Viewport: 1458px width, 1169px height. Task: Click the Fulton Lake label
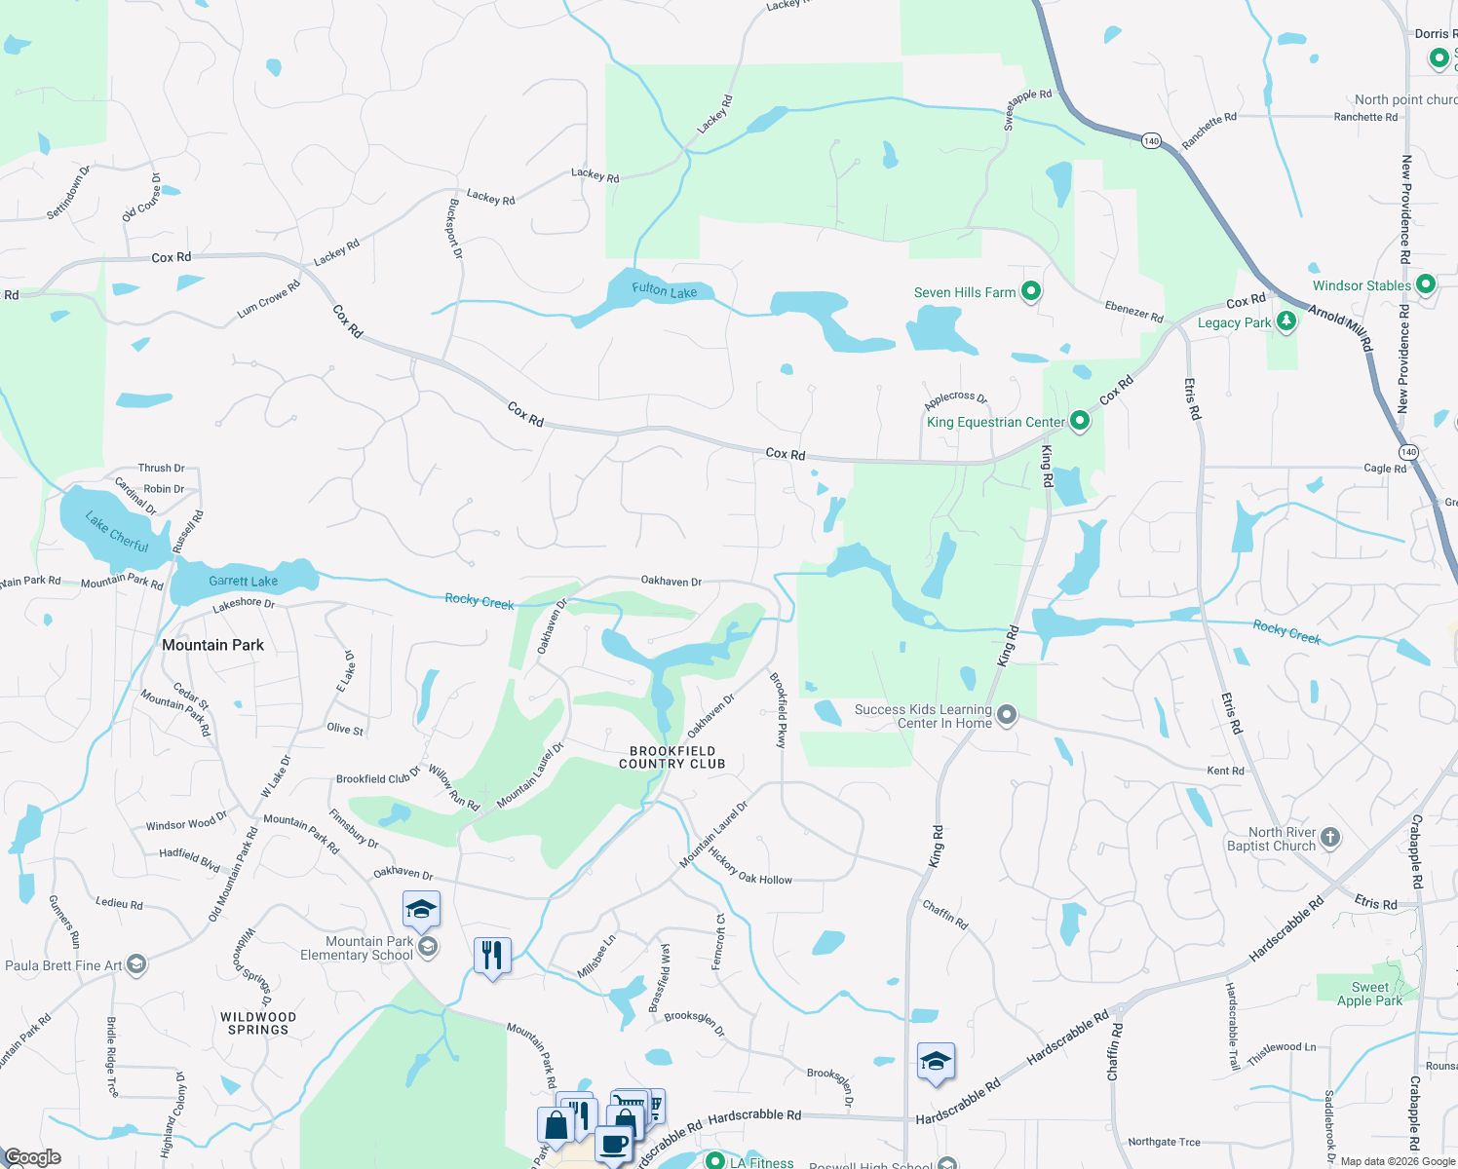click(664, 289)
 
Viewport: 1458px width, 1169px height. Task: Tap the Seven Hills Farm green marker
click(1031, 291)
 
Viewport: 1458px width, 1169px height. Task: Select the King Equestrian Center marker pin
click(1079, 421)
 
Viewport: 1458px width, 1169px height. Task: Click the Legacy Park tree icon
click(1286, 321)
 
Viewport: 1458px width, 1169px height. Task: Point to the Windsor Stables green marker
click(1426, 284)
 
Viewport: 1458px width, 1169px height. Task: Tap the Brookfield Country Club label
click(672, 757)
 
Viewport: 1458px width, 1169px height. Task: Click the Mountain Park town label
click(212, 645)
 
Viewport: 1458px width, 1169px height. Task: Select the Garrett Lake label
click(243, 581)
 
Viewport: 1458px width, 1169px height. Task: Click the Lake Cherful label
click(117, 532)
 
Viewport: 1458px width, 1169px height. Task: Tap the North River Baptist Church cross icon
click(1330, 838)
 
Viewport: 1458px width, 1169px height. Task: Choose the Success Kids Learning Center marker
click(1008, 716)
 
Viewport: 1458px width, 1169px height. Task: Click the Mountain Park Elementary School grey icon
click(427, 947)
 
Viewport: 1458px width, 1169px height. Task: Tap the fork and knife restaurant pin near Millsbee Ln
click(492, 956)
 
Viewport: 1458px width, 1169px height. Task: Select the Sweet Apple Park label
click(1369, 994)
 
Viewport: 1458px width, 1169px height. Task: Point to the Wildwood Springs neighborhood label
click(258, 1023)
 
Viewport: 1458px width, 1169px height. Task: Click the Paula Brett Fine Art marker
click(136, 965)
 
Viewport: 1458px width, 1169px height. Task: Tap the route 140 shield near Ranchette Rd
click(1151, 141)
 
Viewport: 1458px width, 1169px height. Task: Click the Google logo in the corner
click(32, 1157)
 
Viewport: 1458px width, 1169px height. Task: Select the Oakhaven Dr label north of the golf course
click(671, 581)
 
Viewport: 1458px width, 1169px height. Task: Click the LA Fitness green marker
click(714, 1161)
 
